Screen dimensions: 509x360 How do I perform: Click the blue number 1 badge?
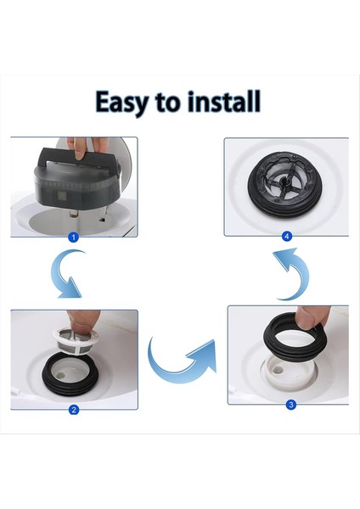(73, 238)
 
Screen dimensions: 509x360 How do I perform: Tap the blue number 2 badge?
(74, 410)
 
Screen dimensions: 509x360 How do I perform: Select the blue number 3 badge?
(290, 405)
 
